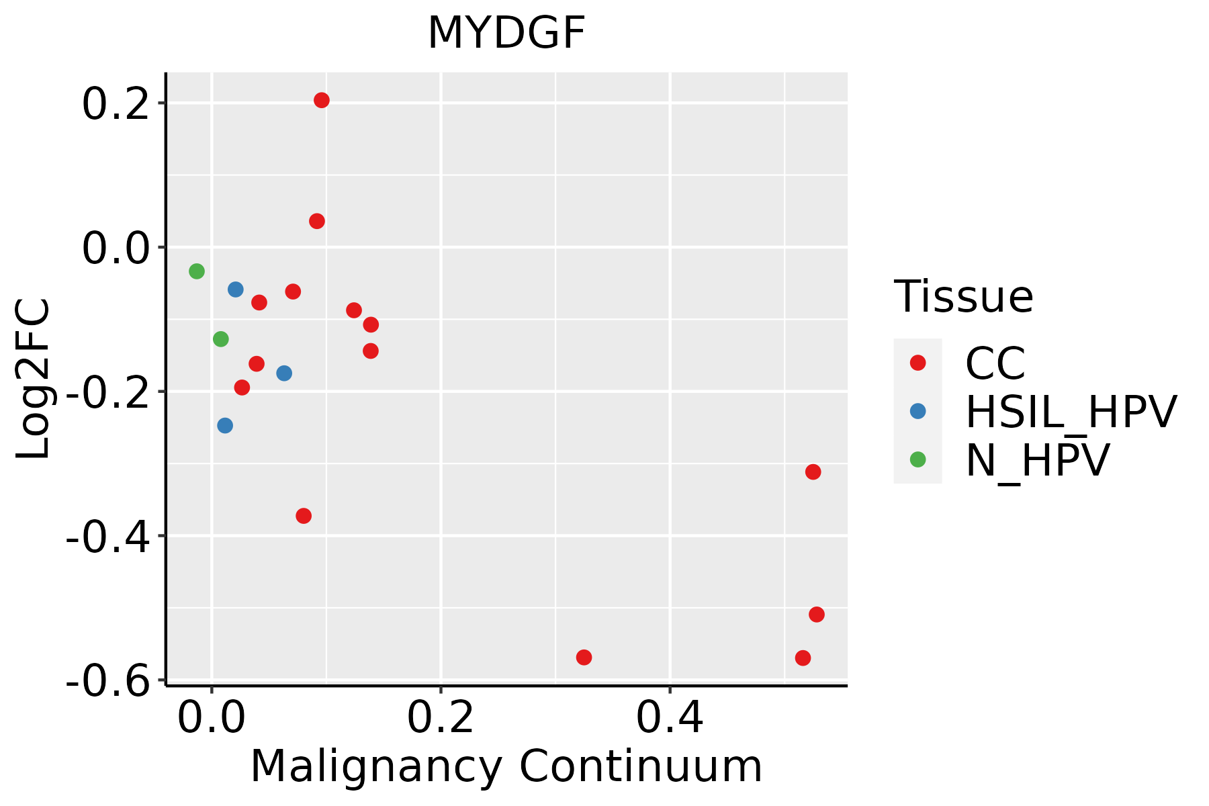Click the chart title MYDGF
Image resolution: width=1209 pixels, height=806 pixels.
[x=506, y=34]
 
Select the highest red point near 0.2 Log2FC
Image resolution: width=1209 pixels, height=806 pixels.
[x=322, y=101]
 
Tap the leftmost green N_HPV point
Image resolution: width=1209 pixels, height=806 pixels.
[x=197, y=271]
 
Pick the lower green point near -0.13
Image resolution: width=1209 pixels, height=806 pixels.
[x=221, y=339]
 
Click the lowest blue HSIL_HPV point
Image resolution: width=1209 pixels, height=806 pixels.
[x=225, y=426]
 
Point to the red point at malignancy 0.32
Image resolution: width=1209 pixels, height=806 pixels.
[x=584, y=658]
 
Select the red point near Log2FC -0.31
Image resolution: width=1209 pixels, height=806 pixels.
[x=813, y=472]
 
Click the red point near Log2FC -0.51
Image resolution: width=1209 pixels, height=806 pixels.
[x=817, y=615]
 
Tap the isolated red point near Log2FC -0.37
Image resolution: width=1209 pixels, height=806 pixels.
[x=304, y=516]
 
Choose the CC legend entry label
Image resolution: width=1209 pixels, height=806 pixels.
[x=995, y=363]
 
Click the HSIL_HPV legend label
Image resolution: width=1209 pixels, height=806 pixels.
[x=1071, y=412]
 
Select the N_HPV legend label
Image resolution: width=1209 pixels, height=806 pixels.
[x=1037, y=460]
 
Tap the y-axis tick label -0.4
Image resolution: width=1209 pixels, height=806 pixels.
[x=107, y=537]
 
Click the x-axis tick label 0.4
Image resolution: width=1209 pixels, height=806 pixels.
[x=670, y=719]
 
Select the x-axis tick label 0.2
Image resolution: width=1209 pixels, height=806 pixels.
[x=441, y=719]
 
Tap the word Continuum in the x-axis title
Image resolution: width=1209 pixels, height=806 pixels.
[x=641, y=767]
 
